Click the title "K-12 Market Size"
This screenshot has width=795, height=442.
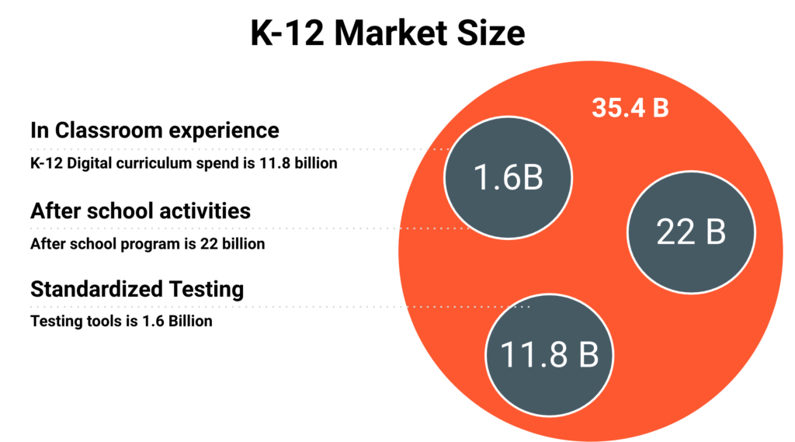coord(387,35)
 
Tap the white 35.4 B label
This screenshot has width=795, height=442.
coord(630,108)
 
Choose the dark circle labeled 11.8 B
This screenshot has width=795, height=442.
coord(548,355)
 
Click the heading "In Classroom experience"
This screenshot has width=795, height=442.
coord(154,130)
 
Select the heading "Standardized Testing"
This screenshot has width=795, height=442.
coord(137,290)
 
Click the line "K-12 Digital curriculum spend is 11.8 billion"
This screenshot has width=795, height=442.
coord(183,164)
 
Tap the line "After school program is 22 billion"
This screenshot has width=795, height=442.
coord(148,244)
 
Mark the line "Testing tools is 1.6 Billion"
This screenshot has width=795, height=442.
coord(121,321)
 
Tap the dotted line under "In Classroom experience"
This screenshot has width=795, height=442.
coord(233,148)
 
